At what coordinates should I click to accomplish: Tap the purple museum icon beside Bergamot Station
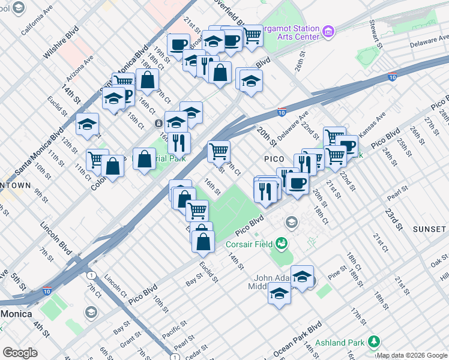[x=328, y=31]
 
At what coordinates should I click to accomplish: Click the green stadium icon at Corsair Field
[x=280, y=244]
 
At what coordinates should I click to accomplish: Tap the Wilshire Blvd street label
[x=61, y=42]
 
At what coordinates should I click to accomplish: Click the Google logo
[x=20, y=353]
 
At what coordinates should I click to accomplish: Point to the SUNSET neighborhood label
[x=429, y=229]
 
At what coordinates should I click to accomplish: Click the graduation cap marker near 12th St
[x=88, y=125]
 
